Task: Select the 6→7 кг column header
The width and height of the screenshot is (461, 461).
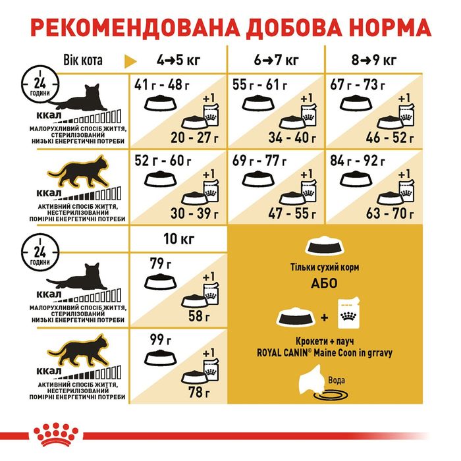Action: click(275, 61)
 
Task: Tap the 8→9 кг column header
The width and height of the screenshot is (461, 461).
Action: click(374, 61)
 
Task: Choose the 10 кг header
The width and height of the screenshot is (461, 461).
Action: click(178, 237)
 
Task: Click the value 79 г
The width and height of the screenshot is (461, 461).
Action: click(155, 263)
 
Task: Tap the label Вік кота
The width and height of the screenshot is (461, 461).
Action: click(83, 61)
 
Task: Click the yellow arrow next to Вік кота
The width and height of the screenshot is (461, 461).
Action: click(130, 61)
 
